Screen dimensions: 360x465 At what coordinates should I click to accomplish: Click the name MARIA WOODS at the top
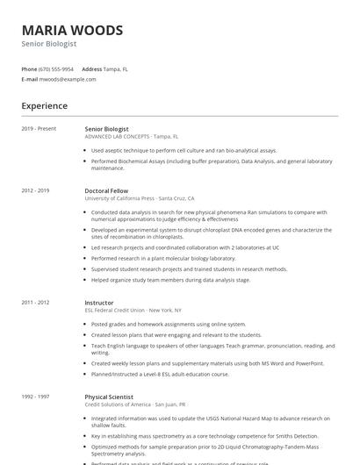tap(72, 30)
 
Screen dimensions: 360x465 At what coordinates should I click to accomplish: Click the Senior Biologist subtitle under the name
tap(49, 44)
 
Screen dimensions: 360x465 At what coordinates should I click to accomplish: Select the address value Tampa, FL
tap(116, 68)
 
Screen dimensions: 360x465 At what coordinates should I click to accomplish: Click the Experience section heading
tap(44, 106)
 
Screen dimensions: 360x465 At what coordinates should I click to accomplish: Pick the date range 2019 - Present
tap(39, 129)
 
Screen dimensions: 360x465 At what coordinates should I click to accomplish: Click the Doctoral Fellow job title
tap(107, 190)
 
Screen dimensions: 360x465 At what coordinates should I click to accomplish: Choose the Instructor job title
tap(100, 303)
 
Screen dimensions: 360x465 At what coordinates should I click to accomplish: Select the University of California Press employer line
tap(139, 198)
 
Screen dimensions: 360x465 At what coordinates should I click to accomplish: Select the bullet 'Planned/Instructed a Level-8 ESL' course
tap(160, 374)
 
